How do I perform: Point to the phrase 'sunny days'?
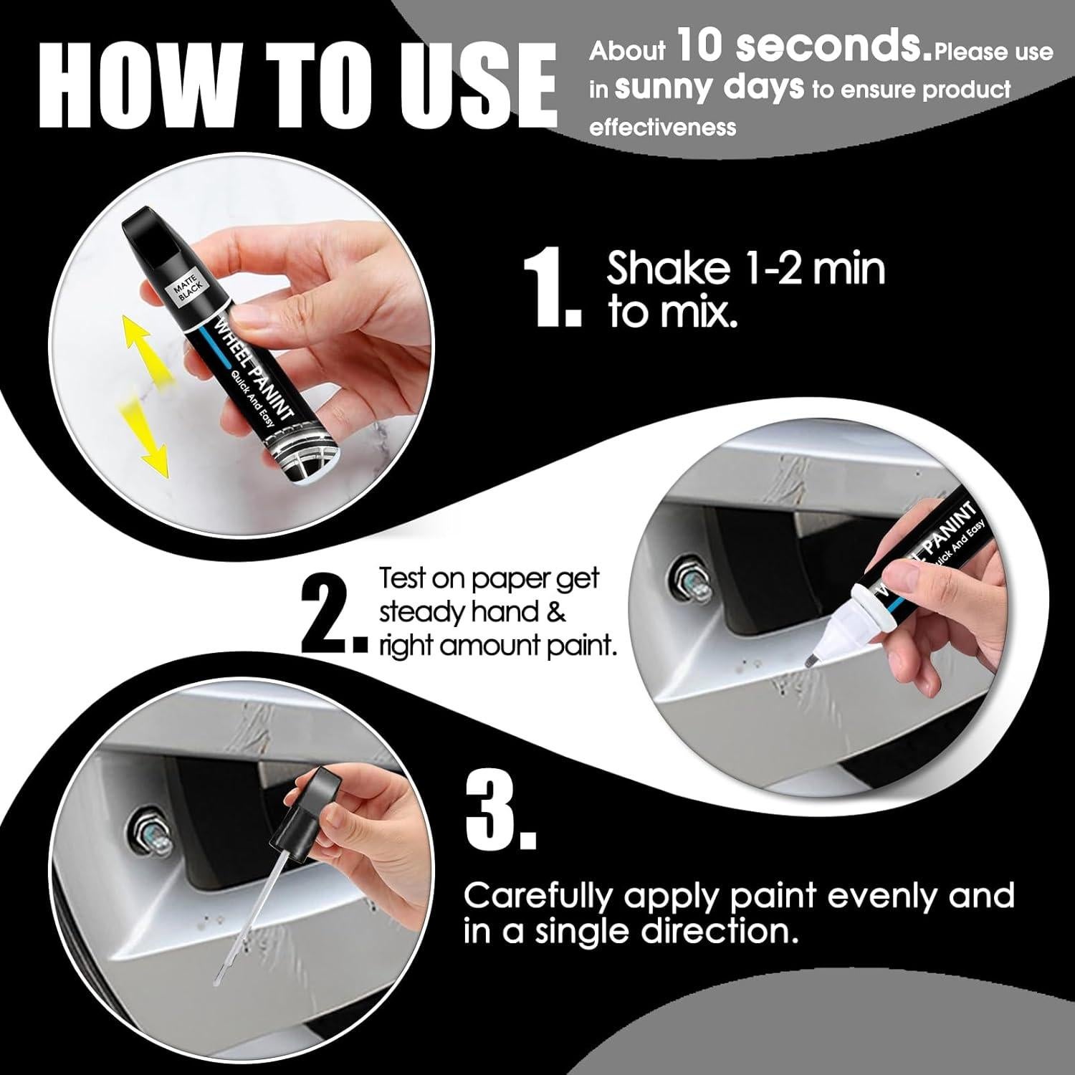709,87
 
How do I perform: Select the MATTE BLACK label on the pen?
188,288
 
